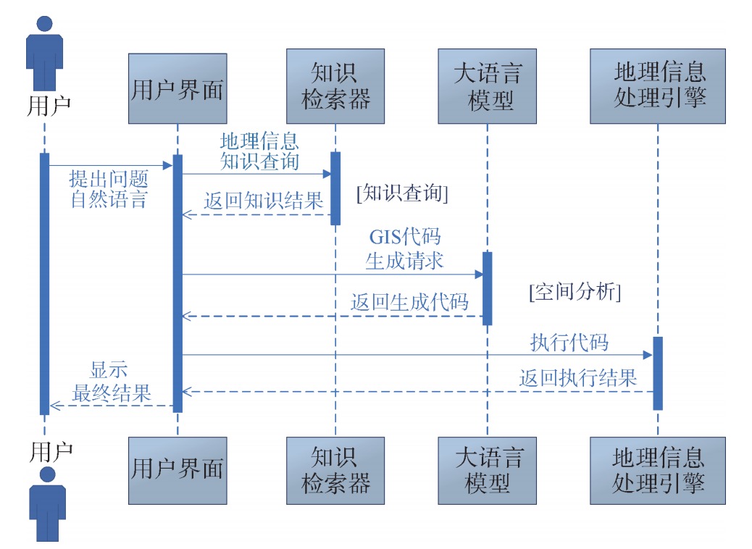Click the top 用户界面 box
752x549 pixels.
[177, 88]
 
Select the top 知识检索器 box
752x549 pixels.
[335, 86]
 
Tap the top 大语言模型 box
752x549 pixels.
[488, 86]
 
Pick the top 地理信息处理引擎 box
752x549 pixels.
[658, 85]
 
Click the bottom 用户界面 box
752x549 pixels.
[177, 470]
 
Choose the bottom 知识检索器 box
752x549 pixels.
[335, 470]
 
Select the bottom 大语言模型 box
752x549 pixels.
[488, 470]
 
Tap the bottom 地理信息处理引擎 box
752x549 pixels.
[658, 470]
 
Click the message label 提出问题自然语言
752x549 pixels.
[109, 190]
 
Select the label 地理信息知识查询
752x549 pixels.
[259, 151]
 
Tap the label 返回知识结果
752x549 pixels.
[263, 201]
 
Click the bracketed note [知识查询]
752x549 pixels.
[403, 193]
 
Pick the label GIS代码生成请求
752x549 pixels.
[404, 249]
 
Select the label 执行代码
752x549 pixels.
[569, 342]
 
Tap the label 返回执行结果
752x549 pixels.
[578, 377]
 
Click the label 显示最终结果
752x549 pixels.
[111, 382]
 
